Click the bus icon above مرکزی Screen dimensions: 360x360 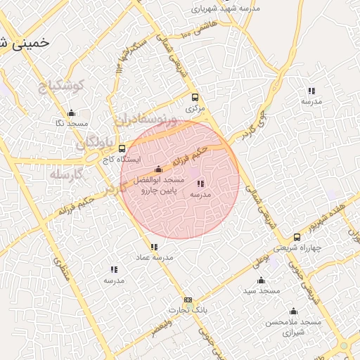click(195, 98)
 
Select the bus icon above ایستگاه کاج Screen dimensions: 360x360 click(122, 148)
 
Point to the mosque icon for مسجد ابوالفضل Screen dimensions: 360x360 click(158, 169)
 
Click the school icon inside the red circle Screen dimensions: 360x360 click(200, 184)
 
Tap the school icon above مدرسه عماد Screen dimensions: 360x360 click(154, 247)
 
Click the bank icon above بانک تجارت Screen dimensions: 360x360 click(187, 299)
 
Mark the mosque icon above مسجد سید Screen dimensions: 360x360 click(262, 280)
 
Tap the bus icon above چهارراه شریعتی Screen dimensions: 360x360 click(297, 237)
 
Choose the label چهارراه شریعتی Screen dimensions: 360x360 click(296, 248)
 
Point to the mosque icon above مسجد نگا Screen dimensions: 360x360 click(71, 112)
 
